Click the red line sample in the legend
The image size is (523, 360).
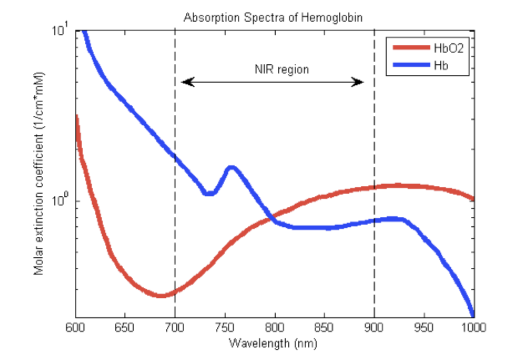411,48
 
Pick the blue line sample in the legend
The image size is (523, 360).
411,65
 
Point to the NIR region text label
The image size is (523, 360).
282,69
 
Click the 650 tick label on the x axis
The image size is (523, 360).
125,327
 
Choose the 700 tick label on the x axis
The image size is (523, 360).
175,327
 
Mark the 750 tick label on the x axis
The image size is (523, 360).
225,327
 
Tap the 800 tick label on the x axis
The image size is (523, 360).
274,327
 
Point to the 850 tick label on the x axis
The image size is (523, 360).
325,327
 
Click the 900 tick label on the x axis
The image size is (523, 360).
374,327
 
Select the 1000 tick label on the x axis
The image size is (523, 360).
473,327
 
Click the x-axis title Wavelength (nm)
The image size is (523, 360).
273,343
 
